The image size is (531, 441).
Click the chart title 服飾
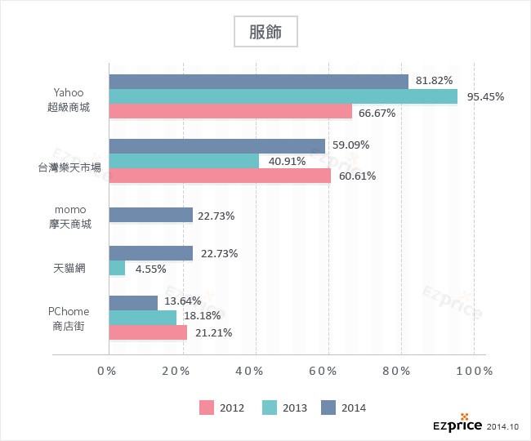tap(265, 32)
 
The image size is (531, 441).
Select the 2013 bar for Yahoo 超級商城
tap(283, 96)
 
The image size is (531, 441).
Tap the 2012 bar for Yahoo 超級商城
tap(230, 111)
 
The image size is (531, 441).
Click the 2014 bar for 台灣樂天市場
tap(216, 146)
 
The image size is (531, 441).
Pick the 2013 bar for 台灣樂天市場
tap(184, 161)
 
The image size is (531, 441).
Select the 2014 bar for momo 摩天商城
tap(150, 215)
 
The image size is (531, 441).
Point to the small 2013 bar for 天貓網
tap(117, 268)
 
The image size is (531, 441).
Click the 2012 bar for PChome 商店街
tap(148, 332)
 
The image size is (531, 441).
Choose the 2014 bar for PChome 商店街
tap(133, 303)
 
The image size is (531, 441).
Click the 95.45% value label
tap(485, 96)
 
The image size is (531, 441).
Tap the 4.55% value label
tap(151, 268)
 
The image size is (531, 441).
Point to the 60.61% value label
tap(355, 176)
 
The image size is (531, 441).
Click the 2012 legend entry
tap(221, 408)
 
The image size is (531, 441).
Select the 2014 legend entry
tap(343, 408)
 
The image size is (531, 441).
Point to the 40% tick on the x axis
tap(255, 371)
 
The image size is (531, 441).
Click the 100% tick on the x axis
tap(473, 371)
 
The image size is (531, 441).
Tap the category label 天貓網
tap(69, 268)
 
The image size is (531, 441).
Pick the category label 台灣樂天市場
tap(69, 167)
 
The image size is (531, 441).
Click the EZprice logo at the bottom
tap(457, 425)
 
